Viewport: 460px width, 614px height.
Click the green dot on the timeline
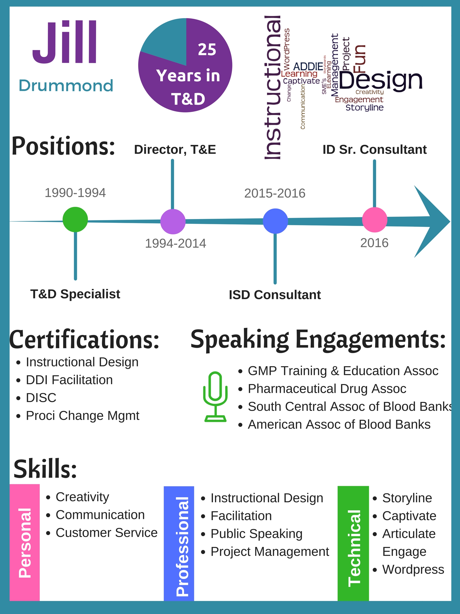click(x=75, y=219)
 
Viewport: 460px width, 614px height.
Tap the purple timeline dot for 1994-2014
click(x=173, y=221)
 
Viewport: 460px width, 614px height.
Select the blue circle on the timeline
click(x=275, y=221)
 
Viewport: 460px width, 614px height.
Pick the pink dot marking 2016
click(x=375, y=220)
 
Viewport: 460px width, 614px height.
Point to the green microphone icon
click(x=215, y=397)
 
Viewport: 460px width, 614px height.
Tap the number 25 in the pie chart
click(x=207, y=50)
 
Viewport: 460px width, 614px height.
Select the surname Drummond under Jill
click(x=66, y=86)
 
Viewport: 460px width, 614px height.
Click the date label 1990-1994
click(x=75, y=193)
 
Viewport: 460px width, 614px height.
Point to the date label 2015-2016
click(x=275, y=193)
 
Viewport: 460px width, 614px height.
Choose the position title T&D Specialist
click(x=75, y=294)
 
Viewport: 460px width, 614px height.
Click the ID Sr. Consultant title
click(x=375, y=150)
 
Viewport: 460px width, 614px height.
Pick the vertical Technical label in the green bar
click(x=354, y=548)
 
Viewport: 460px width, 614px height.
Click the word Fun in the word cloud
click(x=360, y=58)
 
